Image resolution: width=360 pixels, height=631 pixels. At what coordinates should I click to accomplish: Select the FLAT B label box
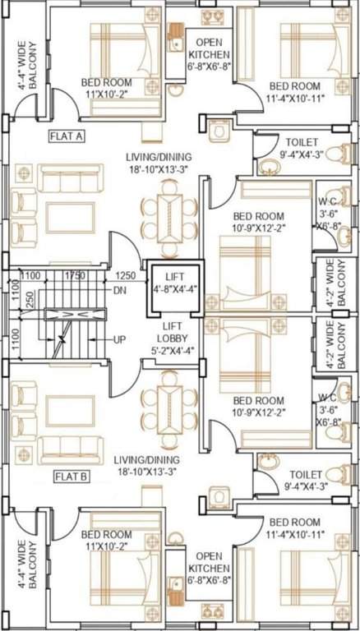[x=72, y=477]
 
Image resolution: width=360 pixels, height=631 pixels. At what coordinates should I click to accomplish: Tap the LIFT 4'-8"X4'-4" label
[x=171, y=283]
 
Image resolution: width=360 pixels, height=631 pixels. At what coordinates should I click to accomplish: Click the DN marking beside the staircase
[x=119, y=290]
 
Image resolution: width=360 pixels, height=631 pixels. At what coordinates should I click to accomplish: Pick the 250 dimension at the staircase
[x=30, y=301]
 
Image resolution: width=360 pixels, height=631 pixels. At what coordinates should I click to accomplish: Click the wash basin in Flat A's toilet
[x=269, y=167]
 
